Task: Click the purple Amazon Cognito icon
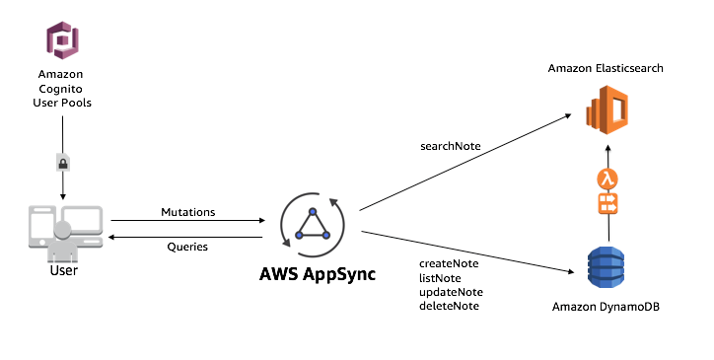click(x=64, y=41)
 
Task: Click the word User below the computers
click(x=64, y=269)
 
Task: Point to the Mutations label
click(x=186, y=211)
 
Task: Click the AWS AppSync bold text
click(x=313, y=273)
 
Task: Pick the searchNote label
click(x=451, y=146)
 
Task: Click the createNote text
click(x=449, y=264)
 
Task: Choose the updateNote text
click(x=451, y=292)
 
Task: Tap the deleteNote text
click(x=450, y=306)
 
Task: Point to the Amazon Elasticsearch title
click(x=607, y=68)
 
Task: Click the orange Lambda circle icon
click(x=607, y=179)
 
